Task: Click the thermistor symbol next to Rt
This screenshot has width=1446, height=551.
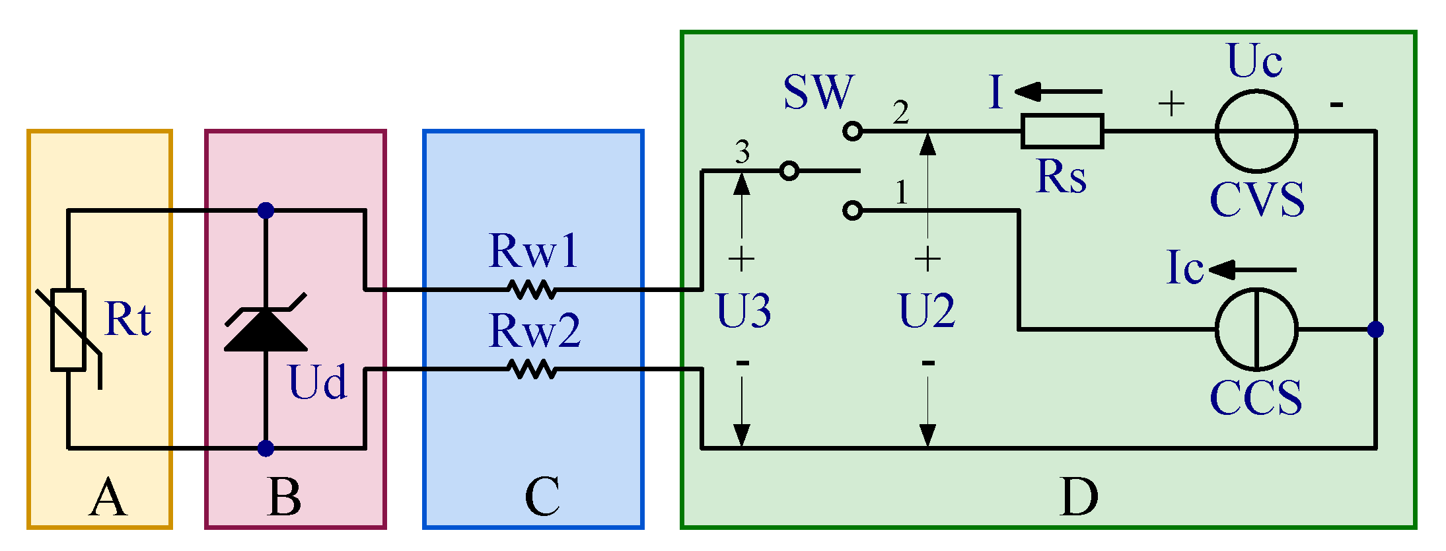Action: point(69,330)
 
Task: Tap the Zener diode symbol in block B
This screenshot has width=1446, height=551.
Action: point(266,328)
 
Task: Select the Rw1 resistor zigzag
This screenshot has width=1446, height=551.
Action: point(532,289)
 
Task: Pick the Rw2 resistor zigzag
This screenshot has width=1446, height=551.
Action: point(532,369)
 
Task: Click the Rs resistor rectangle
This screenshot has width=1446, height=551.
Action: point(1062,131)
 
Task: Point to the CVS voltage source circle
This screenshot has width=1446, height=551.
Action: point(1256,131)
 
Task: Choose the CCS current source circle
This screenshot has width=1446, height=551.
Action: point(1256,329)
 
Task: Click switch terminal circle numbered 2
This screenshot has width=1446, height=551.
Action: point(853,131)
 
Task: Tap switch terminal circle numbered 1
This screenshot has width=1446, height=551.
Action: point(853,211)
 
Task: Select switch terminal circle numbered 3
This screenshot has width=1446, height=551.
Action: point(789,171)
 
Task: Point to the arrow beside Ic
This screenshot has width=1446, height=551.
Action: point(1251,270)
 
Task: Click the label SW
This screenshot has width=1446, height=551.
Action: point(818,92)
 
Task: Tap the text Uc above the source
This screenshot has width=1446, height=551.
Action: point(1254,61)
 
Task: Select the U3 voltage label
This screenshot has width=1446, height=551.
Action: point(743,311)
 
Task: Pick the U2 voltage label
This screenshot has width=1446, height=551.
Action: point(927,311)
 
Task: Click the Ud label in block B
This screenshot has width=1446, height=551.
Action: point(317,383)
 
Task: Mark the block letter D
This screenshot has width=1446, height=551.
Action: point(1079,497)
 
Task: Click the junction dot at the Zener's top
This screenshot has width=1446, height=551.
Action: point(266,211)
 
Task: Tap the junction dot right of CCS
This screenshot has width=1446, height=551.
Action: point(1375,329)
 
